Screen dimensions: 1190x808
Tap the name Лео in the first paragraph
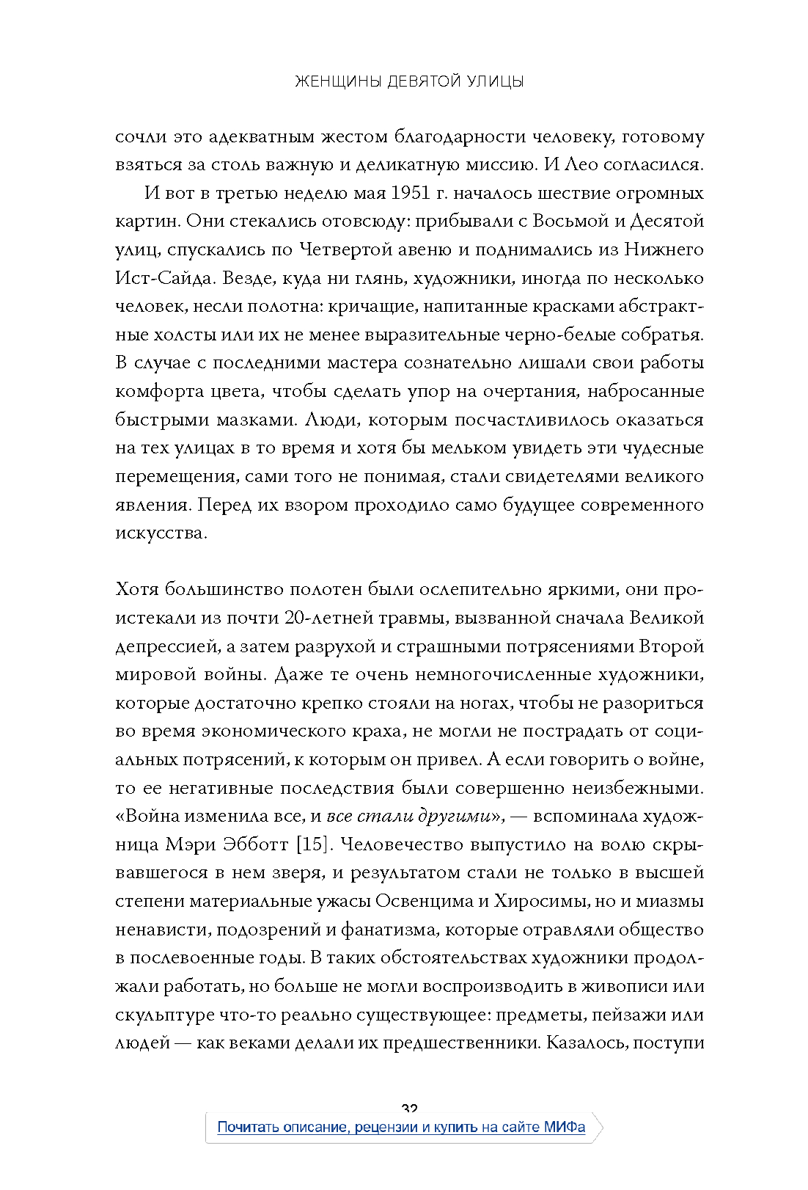click(x=581, y=164)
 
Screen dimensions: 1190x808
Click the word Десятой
click(x=665, y=222)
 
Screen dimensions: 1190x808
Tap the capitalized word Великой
click(x=666, y=618)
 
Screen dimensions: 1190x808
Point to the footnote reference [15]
click(x=314, y=844)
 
